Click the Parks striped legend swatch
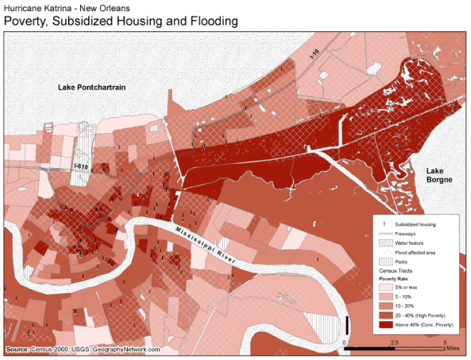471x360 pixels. tap(384, 261)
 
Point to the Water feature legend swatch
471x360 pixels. tap(384, 242)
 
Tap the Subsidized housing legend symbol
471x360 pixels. tap(384, 223)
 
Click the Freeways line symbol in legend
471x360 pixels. tap(384, 233)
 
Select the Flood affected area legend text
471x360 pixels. tap(416, 252)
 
